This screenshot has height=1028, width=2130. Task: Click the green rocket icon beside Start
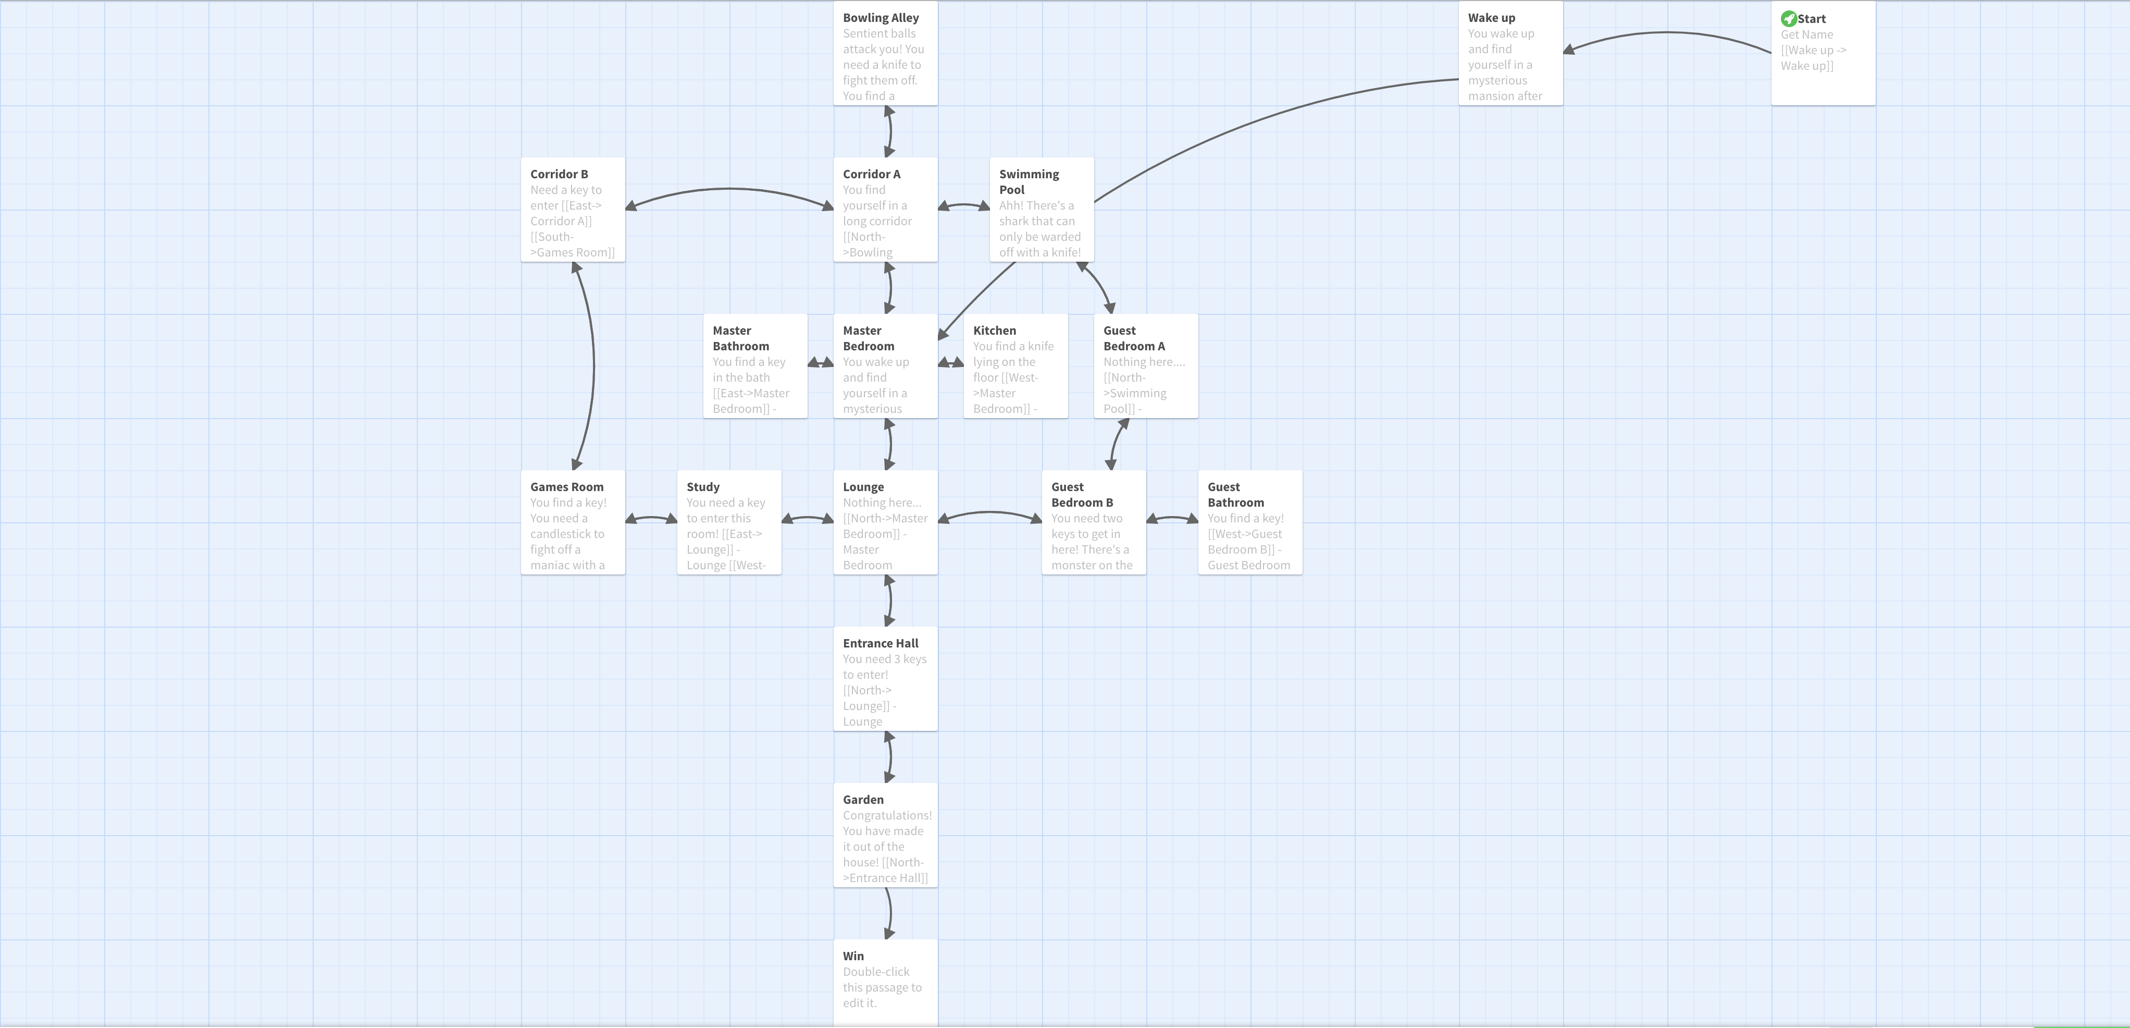pos(1789,18)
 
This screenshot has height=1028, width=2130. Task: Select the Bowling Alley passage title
pos(881,17)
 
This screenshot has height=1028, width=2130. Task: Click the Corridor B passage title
pos(559,174)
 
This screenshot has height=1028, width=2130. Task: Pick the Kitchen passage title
pos(994,330)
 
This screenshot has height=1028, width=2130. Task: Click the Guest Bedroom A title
pos(1134,337)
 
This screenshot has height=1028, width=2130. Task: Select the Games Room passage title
pos(566,486)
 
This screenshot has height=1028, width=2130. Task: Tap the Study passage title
pos(703,486)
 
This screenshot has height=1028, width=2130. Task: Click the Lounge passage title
pos(863,486)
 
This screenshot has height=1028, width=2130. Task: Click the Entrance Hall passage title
pos(881,643)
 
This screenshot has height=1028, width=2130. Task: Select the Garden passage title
pos(863,799)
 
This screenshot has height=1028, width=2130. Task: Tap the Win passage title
pos(853,955)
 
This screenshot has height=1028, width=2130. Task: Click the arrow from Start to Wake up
pos(1666,32)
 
